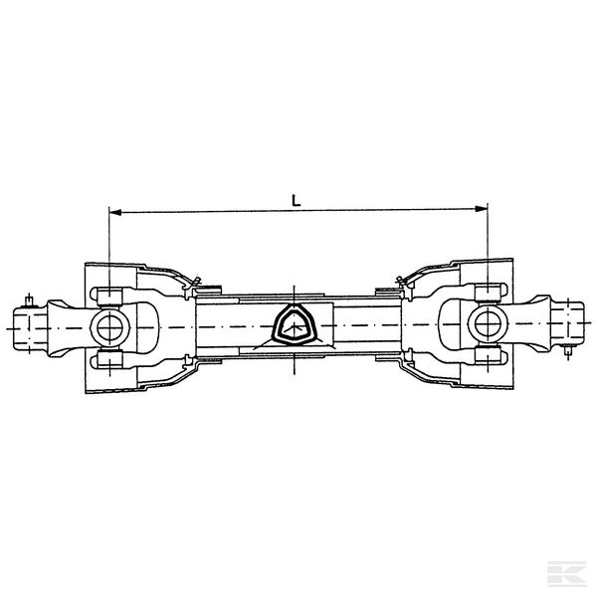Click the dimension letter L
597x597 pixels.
pos(296,200)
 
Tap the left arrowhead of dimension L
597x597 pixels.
pos(115,212)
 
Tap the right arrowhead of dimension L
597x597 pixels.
pos(482,208)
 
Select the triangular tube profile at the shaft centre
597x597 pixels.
pos(294,324)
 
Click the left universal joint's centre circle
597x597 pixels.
pos(110,328)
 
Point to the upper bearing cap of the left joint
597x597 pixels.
pos(109,297)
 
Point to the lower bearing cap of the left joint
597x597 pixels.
pos(109,360)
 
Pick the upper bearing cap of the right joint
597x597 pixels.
pos(489,293)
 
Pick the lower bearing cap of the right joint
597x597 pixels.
pos(489,355)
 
